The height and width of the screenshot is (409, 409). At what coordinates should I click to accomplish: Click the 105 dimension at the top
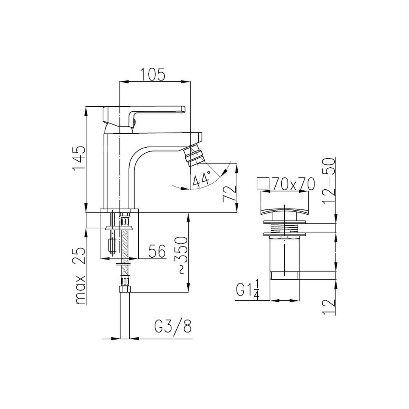click(153, 74)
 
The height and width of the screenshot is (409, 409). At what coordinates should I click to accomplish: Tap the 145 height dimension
click(79, 158)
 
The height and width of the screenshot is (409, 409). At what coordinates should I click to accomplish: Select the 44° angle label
click(202, 179)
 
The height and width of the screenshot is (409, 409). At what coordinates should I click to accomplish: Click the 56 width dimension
click(157, 251)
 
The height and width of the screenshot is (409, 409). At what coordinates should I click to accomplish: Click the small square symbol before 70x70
click(263, 183)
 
